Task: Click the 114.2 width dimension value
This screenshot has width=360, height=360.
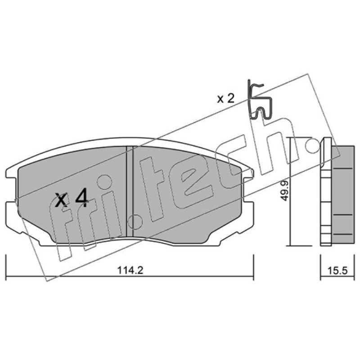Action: [130, 270]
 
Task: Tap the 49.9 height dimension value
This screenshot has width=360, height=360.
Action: [285, 190]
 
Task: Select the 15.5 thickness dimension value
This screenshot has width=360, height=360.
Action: [337, 270]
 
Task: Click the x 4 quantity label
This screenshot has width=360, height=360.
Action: [72, 198]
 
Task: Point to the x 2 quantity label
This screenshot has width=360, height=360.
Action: [226, 99]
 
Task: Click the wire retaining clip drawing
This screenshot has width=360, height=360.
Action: [260, 100]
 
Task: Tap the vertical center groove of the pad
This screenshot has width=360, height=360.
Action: [130, 191]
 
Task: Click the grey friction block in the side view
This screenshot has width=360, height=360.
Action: [342, 194]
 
